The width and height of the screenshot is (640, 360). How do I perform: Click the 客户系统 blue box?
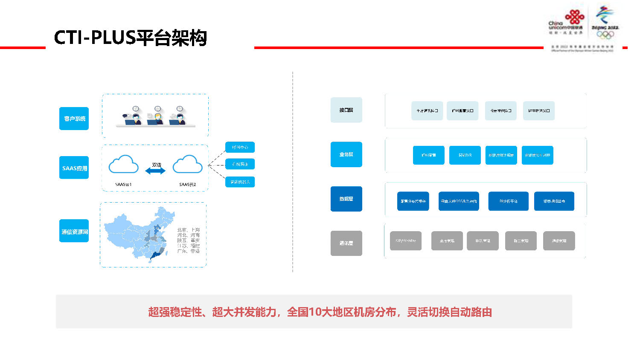pos(74,119)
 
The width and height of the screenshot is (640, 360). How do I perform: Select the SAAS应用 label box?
pos(74,168)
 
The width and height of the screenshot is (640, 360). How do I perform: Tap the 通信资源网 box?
pos(74,231)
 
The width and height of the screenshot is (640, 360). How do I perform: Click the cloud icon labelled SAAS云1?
pos(124,165)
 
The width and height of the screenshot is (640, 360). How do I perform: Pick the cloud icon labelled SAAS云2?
pos(187,165)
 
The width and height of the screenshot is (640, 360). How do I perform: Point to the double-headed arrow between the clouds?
pos(155,171)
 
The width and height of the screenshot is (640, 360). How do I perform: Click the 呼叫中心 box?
pos(240,147)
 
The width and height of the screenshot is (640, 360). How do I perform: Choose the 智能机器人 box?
pos(240,182)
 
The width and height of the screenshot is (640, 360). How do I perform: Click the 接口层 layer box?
pos(346,110)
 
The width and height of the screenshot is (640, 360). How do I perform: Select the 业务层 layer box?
pos(346,154)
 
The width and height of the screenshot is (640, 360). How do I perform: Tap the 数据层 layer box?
pos(346,199)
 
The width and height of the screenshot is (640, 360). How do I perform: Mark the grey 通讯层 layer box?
pos(346,243)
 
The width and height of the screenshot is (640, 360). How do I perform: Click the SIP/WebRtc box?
pos(406,241)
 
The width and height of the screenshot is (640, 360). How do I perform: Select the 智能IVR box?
pos(465,155)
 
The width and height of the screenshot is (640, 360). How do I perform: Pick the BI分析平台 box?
pos(508,201)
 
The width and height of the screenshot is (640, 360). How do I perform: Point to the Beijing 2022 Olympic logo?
pos(605,23)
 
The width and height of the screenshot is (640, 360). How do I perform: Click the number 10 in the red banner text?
pos(314,312)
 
